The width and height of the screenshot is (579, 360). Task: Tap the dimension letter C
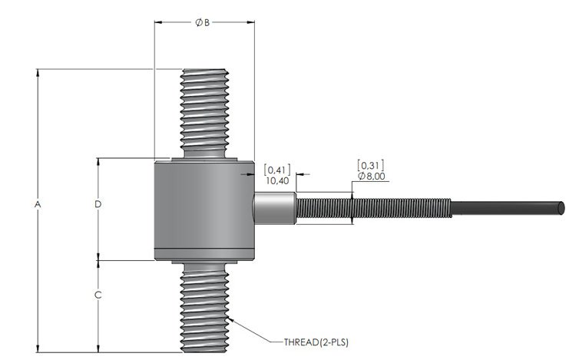click(98, 295)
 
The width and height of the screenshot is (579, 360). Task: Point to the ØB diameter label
click(202, 22)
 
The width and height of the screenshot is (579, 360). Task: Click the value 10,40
click(276, 180)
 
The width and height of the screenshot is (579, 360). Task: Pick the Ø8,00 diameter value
click(370, 177)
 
